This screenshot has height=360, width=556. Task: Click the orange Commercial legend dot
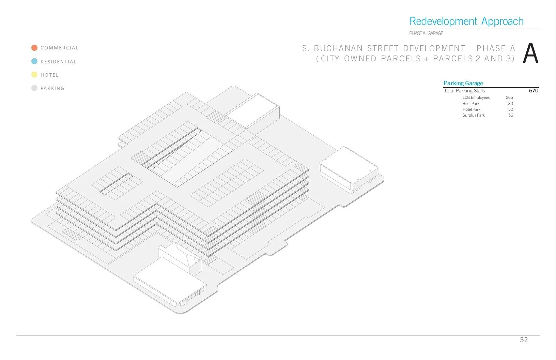pyautogui.click(x=34, y=48)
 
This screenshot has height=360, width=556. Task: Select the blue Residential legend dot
pyautogui.click(x=34, y=61)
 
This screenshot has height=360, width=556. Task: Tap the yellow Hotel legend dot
pyautogui.click(x=34, y=75)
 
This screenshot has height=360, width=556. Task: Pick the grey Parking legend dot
pyautogui.click(x=34, y=88)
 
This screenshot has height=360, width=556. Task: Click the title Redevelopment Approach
pyautogui.click(x=466, y=21)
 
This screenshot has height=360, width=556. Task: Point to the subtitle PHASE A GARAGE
pyautogui.click(x=426, y=33)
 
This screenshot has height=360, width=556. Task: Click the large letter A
pyautogui.click(x=530, y=54)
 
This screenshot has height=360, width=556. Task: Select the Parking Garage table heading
pyautogui.click(x=463, y=83)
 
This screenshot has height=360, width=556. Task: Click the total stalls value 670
pyautogui.click(x=534, y=91)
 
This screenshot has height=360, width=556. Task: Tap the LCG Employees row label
pyautogui.click(x=476, y=97)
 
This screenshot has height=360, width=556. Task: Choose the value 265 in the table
pyautogui.click(x=509, y=97)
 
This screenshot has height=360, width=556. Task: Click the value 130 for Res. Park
pyautogui.click(x=509, y=104)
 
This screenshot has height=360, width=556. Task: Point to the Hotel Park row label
pyautogui.click(x=471, y=109)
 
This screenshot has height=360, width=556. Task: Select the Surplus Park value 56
pyautogui.click(x=510, y=115)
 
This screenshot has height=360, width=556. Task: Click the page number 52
pyautogui.click(x=524, y=340)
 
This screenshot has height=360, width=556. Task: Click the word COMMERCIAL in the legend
pyautogui.click(x=59, y=48)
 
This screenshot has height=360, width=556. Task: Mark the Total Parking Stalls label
pyautogui.click(x=464, y=91)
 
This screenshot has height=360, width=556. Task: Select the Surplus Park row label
pyautogui.click(x=474, y=115)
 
